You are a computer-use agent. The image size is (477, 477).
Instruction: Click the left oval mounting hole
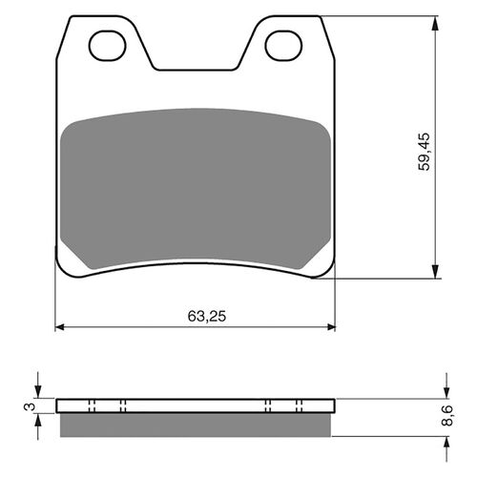point(106,43)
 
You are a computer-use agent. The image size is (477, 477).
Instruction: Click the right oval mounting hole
point(282,43)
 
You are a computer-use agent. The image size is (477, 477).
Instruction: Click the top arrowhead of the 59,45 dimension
point(437,21)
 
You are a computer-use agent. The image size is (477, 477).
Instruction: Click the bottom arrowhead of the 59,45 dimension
point(437,273)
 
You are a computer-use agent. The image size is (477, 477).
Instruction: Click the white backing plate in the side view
point(196,405)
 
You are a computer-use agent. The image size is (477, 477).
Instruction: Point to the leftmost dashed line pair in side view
point(91,405)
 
